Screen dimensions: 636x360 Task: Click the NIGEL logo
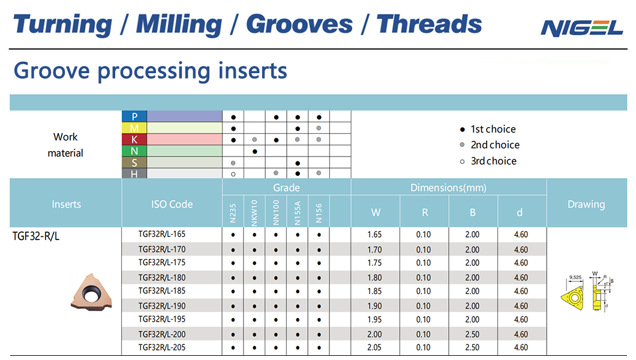point(581,28)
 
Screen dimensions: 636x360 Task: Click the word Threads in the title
point(429,24)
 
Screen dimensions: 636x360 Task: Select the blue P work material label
point(134,116)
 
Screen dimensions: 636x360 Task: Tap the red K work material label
point(134,139)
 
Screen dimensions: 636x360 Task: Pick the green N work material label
point(134,151)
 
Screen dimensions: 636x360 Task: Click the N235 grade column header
point(233,213)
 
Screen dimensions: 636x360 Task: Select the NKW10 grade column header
point(254,213)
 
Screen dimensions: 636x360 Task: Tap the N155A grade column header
point(298,213)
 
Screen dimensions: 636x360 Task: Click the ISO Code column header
point(172,205)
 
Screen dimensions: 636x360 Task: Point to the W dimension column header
point(376,212)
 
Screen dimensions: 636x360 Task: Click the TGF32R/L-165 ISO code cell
point(162,235)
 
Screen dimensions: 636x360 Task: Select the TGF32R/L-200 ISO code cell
point(162,334)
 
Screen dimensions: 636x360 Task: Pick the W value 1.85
point(374,291)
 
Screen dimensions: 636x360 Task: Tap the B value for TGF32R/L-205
point(472,347)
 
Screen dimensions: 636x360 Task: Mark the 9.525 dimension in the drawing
point(575,277)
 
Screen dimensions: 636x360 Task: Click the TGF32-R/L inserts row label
point(36,236)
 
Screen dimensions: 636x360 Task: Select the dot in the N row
point(255,152)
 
